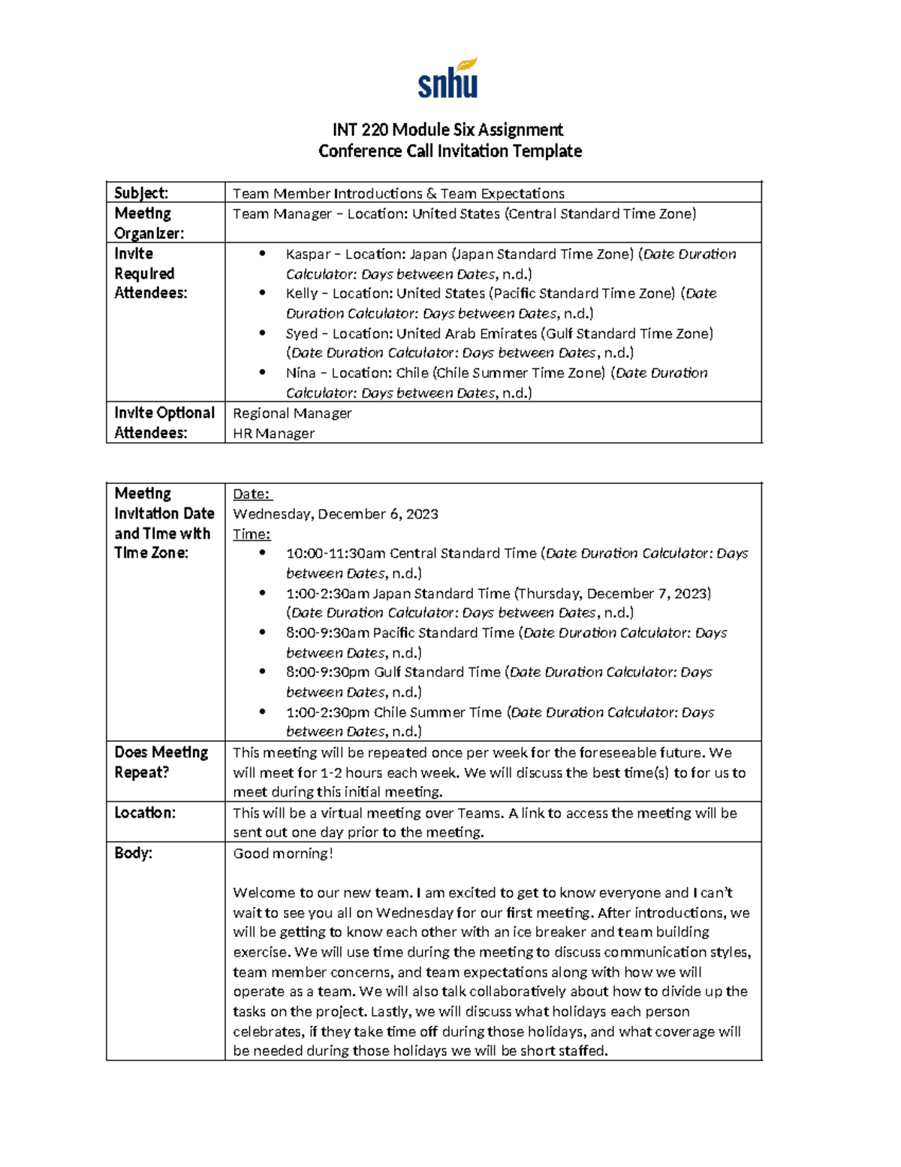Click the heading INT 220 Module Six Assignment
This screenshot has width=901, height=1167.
tap(448, 129)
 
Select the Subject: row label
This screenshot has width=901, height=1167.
tap(141, 193)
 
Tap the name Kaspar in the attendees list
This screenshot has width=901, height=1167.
tap(308, 254)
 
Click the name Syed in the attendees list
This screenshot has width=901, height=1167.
tap(301, 333)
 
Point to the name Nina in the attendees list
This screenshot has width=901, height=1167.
tap(300, 373)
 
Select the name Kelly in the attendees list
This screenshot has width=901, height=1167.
tap(302, 293)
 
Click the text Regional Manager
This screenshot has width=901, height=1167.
tap(292, 413)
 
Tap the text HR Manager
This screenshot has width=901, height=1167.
tap(273, 434)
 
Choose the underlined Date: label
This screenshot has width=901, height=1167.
tap(252, 494)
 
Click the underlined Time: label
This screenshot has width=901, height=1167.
tap(252, 534)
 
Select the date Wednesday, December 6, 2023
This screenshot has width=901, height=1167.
tap(336, 514)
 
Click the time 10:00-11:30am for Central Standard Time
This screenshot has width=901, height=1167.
tap(336, 554)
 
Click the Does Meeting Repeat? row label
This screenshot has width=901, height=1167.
tap(161, 762)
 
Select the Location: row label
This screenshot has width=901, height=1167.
tap(145, 812)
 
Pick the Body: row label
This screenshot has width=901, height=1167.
tap(134, 853)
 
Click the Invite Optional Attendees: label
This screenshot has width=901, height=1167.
tap(164, 422)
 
